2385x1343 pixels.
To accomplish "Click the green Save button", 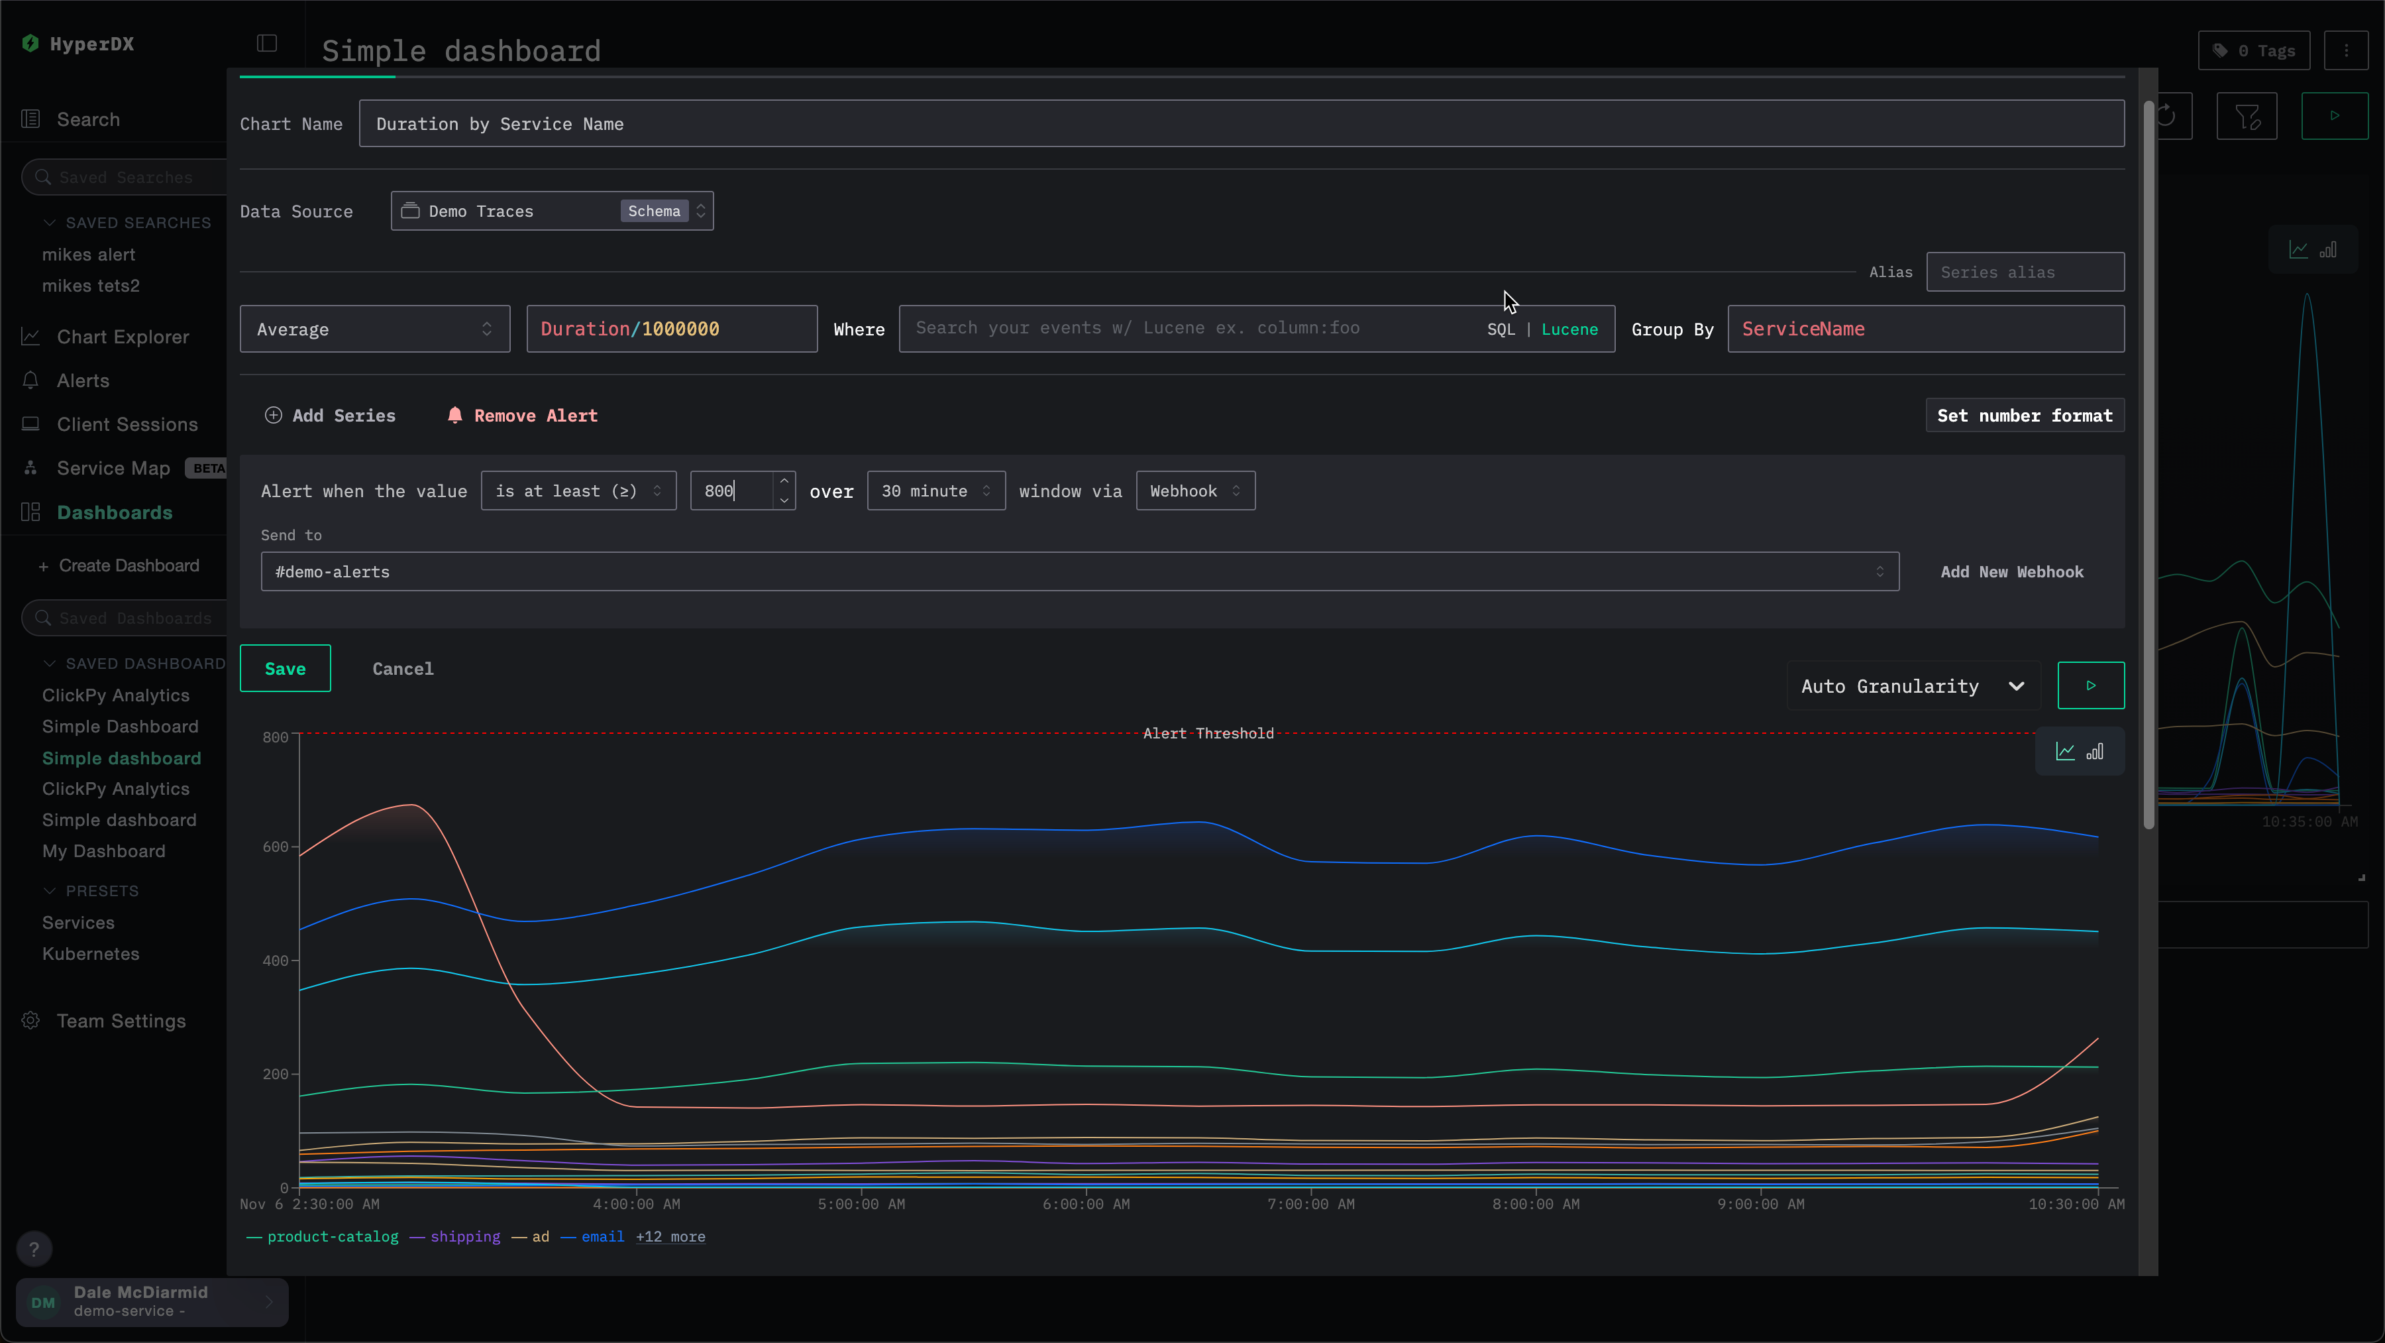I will pyautogui.click(x=284, y=669).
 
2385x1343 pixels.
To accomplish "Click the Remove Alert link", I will pyautogui.click(x=523, y=416).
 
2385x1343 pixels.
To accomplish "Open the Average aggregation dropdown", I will pyautogui.click(x=374, y=329).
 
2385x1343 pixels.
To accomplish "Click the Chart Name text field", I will pyautogui.click(x=1241, y=124).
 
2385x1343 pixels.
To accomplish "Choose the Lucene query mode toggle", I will pyautogui.click(x=1569, y=329).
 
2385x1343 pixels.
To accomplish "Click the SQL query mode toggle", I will pyautogui.click(x=1500, y=329).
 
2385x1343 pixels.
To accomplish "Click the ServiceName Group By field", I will pyautogui.click(x=1925, y=329).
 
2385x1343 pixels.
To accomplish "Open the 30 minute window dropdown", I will pyautogui.click(x=935, y=491).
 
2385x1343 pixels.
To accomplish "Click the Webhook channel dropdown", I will pyautogui.click(x=1194, y=491).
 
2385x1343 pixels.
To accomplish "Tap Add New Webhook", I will pyautogui.click(x=2012, y=572).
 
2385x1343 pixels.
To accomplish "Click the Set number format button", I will pyautogui.click(x=2024, y=416).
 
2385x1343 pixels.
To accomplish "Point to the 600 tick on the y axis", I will pyautogui.click(x=275, y=847).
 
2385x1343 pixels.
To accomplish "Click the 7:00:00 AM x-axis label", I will pyautogui.click(x=1310, y=1204).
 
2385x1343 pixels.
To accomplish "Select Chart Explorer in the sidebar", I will pyautogui.click(x=122, y=337).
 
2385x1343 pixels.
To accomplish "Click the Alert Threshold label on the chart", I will pyautogui.click(x=1208, y=734).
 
